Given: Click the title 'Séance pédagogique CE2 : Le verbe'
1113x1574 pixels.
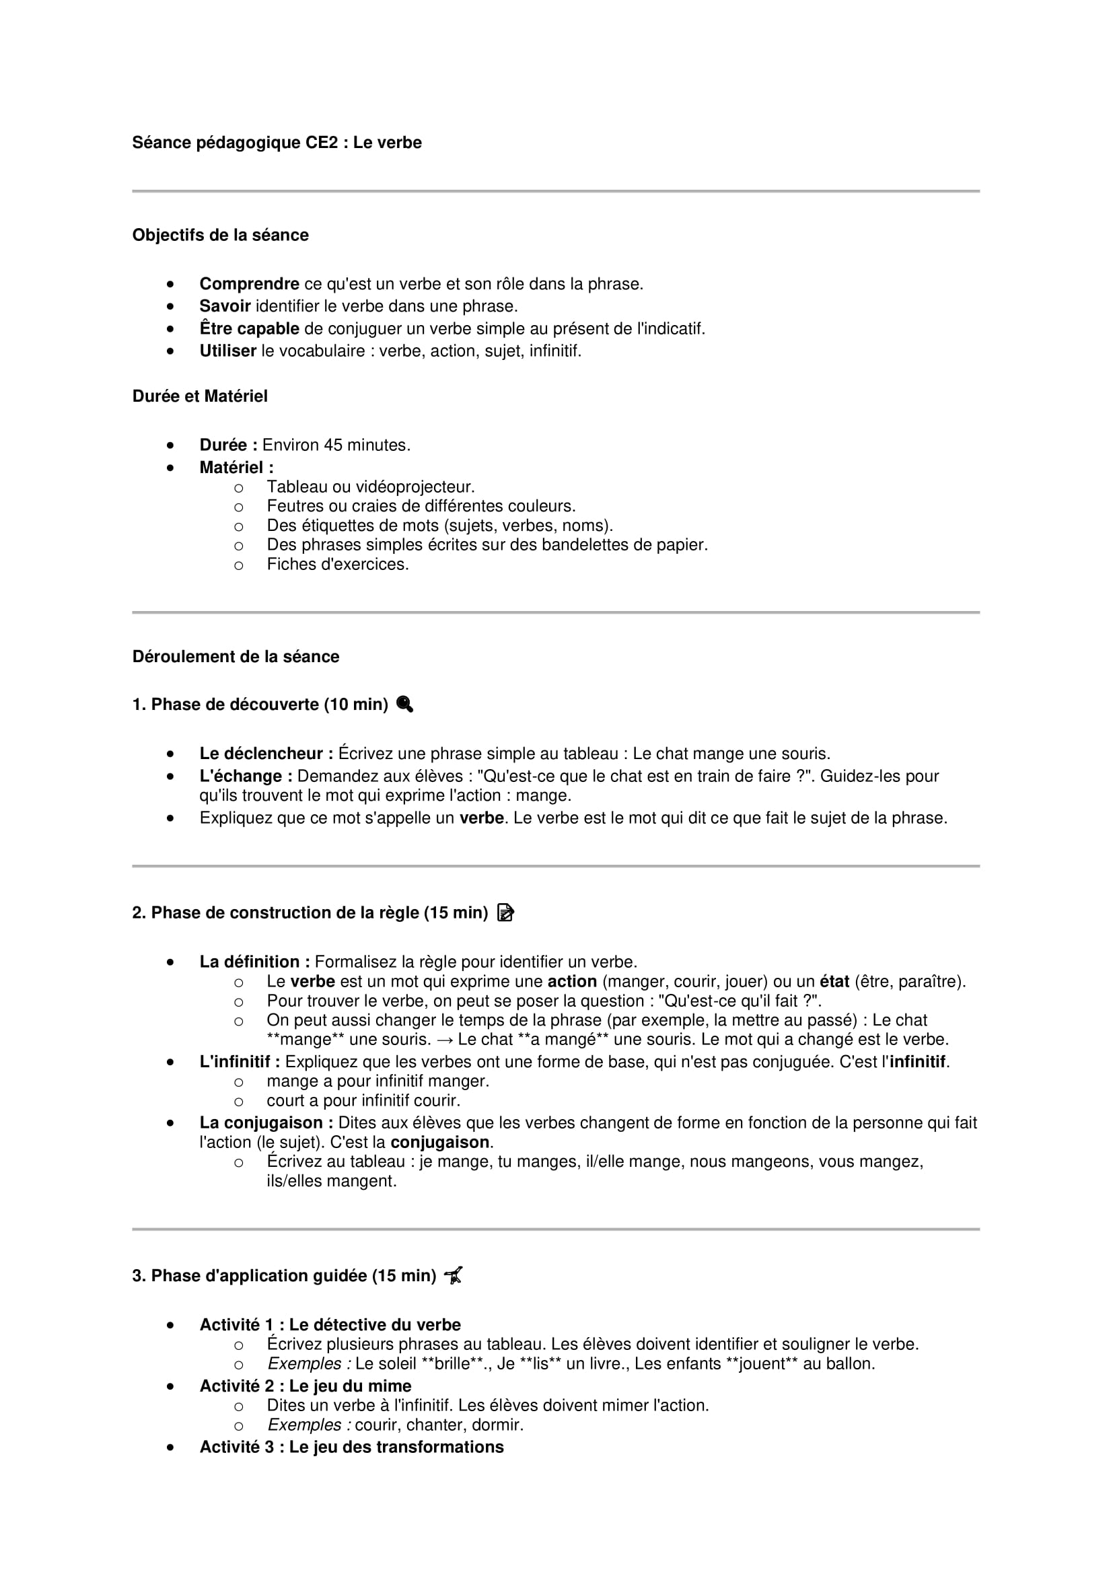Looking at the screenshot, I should (276, 143).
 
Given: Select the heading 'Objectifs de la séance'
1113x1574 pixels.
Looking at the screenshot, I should (220, 235).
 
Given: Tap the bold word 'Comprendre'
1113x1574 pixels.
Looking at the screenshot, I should (249, 284).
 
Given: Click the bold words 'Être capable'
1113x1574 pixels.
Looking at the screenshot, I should (249, 329).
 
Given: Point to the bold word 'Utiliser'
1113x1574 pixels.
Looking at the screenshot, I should (227, 351).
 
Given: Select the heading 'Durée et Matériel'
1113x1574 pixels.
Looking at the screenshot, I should (199, 396).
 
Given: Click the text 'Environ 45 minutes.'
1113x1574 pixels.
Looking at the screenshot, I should (336, 445).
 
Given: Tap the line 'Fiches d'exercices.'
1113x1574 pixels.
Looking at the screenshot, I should (337, 565).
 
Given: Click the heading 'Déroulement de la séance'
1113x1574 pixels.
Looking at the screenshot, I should (235, 657).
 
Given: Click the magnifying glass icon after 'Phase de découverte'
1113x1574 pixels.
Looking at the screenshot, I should (404, 704).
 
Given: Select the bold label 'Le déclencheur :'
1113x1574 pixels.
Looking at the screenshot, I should (266, 754).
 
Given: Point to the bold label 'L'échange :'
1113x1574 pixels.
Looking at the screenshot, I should (246, 776).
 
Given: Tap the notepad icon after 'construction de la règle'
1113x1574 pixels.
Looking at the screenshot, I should (505, 913).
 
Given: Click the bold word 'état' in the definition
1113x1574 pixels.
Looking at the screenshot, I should (834, 982).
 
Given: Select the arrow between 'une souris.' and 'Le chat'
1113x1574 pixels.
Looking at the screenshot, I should (445, 1040).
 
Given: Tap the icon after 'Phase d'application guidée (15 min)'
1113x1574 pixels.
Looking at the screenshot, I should (453, 1276).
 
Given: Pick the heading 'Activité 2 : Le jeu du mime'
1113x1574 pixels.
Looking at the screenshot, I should (305, 1386).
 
